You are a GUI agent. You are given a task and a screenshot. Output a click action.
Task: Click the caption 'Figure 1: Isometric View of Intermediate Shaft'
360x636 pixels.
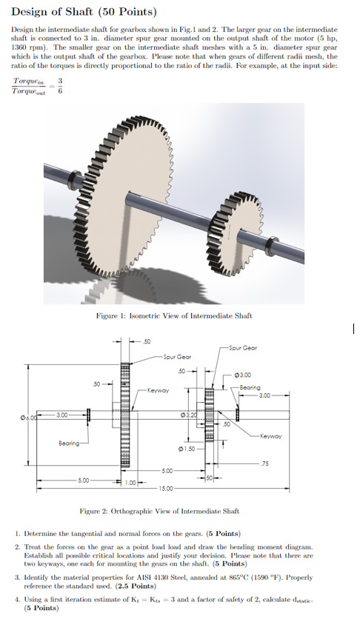[x=174, y=315]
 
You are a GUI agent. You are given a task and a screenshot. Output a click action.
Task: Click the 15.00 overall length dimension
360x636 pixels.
[x=164, y=489]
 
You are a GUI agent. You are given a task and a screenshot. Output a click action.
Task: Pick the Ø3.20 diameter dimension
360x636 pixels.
[x=193, y=412]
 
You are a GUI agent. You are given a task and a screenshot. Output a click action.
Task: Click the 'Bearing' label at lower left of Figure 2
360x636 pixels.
[x=70, y=443]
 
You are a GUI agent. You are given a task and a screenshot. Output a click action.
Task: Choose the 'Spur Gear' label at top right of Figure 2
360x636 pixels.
[x=243, y=347]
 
